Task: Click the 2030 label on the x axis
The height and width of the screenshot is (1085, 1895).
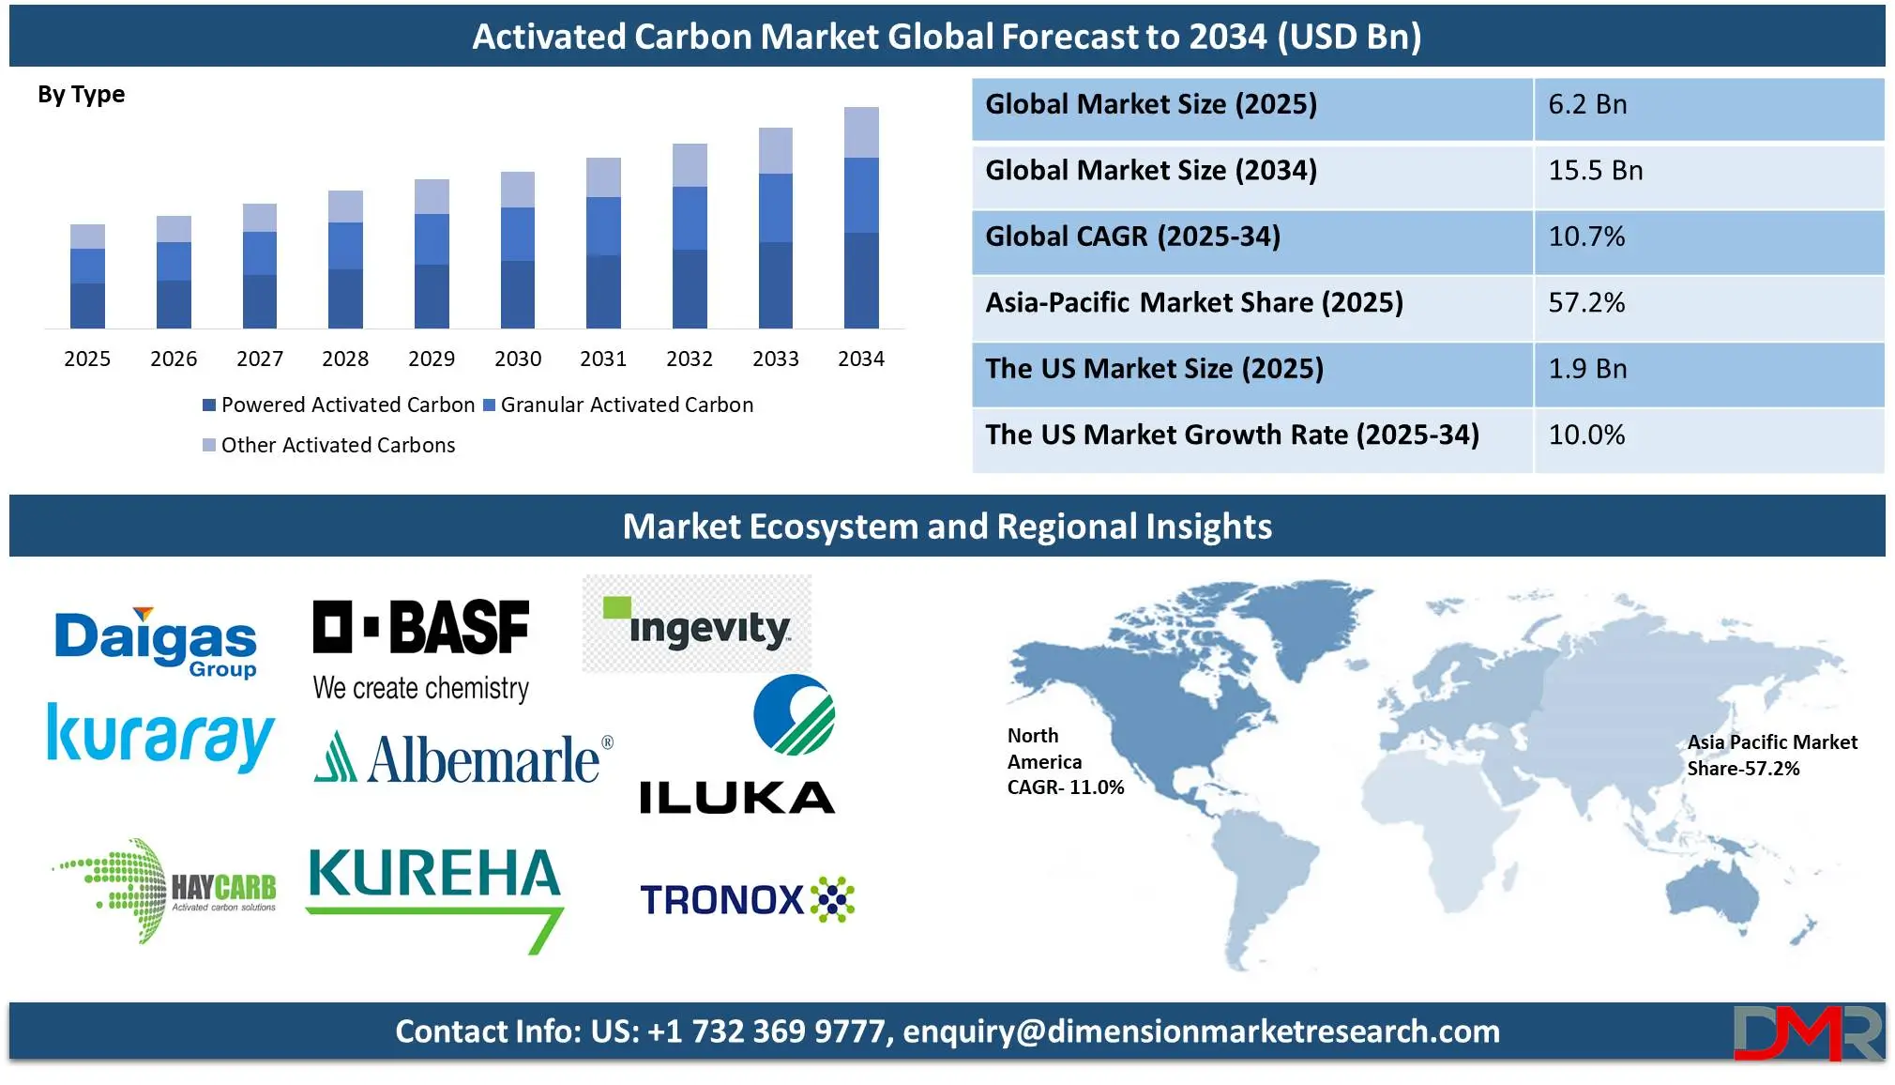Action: pos(518,359)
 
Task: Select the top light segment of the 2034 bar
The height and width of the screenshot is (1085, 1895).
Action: pos(861,132)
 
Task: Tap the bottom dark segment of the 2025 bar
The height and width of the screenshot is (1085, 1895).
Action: pos(87,306)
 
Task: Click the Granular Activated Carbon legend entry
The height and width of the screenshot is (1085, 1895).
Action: pos(618,405)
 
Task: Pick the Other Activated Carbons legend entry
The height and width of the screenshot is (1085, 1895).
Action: pos(329,445)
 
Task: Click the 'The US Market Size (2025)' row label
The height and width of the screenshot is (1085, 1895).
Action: pos(1154,369)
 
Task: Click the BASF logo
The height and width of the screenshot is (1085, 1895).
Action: pos(421,649)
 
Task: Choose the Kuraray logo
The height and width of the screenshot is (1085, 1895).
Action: pos(160,738)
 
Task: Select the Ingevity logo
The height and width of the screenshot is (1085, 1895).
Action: pos(697,623)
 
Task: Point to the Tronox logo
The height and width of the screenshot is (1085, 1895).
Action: pos(747,899)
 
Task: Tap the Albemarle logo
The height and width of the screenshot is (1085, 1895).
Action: pos(463,758)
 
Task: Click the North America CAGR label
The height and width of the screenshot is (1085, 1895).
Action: pos(1066,761)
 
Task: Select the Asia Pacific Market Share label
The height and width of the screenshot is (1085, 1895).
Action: pos(1772,756)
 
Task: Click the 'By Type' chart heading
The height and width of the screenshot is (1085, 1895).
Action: pos(81,95)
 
